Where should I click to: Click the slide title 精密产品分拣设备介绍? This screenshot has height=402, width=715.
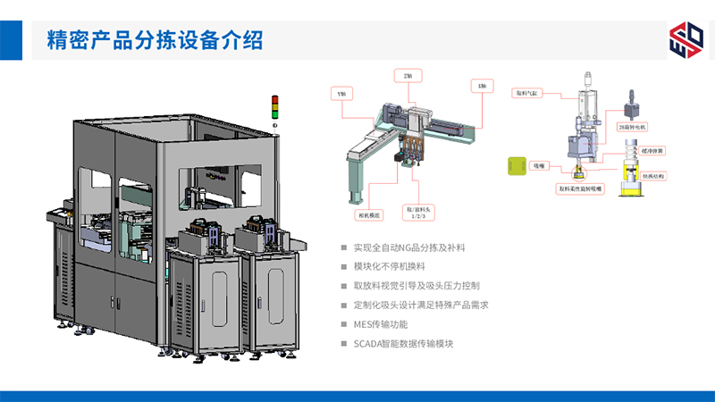[x=155, y=40]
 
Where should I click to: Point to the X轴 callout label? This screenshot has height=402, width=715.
[x=482, y=85]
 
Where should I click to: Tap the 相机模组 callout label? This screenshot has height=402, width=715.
[x=367, y=214]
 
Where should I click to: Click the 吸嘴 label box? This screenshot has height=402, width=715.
[x=540, y=166]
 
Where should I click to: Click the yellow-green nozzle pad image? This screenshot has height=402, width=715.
[x=516, y=166]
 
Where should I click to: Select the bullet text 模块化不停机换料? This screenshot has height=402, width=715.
[x=390, y=266]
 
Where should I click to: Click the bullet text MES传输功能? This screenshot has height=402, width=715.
[x=381, y=324]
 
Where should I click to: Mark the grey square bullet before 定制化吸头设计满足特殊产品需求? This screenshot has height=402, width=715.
[x=344, y=306]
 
